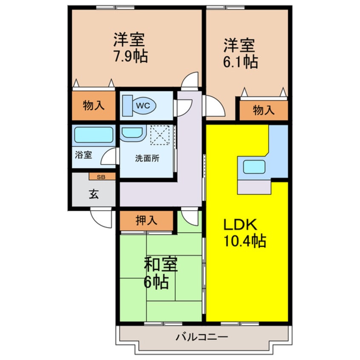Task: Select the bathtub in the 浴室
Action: point(94,135)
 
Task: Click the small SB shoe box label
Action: point(102,176)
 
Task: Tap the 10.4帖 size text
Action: point(245,241)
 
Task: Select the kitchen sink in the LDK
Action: point(254,166)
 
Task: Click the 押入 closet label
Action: point(146,220)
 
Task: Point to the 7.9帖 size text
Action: point(130,56)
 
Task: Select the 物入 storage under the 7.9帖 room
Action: point(94,106)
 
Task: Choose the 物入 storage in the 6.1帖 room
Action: point(264,111)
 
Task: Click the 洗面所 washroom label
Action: point(147,158)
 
